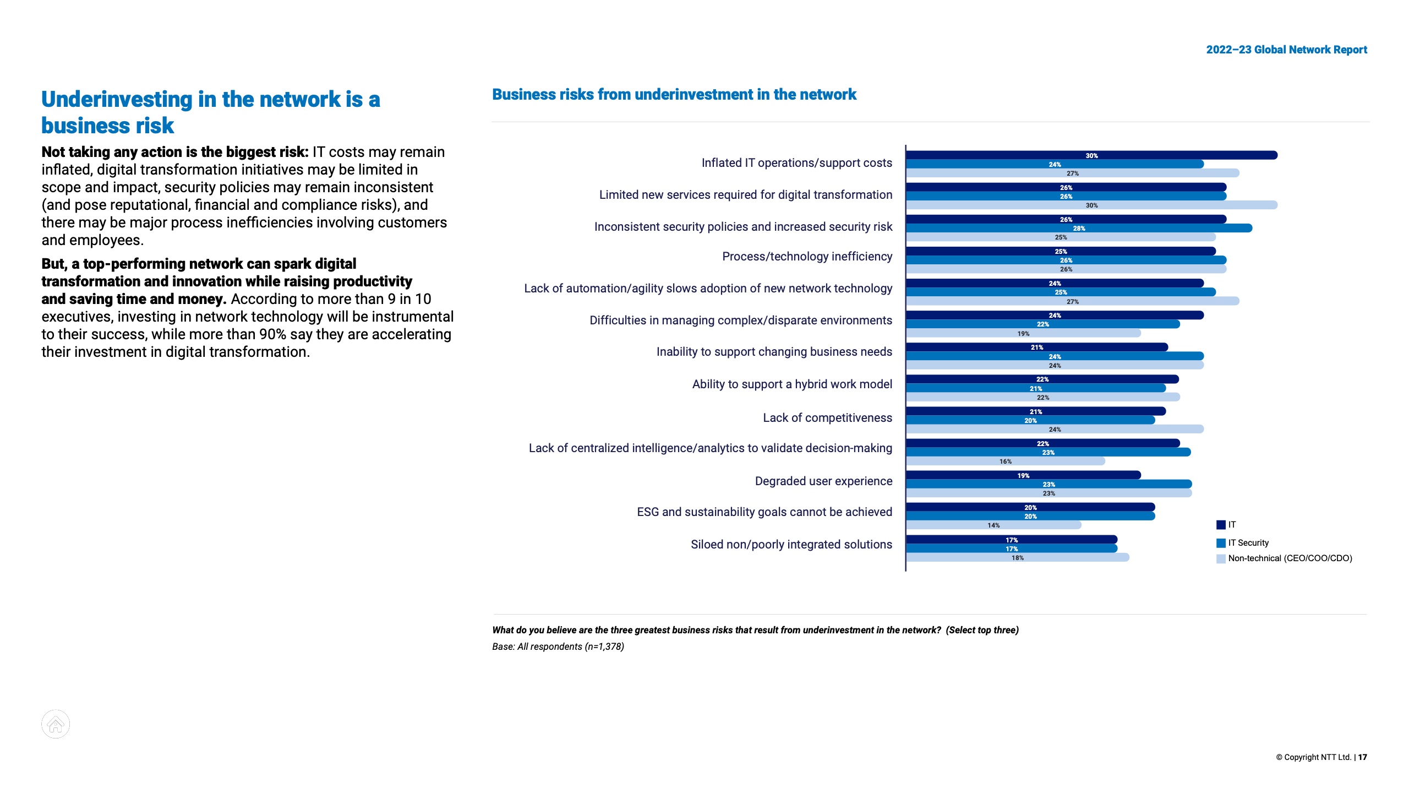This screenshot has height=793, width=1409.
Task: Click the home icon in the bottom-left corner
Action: (56, 724)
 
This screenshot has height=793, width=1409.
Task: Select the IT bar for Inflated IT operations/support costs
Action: (1091, 155)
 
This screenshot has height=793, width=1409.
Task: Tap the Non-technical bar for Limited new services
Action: (1091, 205)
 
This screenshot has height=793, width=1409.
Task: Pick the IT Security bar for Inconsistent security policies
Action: (1079, 228)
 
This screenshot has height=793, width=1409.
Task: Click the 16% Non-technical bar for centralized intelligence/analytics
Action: (1005, 461)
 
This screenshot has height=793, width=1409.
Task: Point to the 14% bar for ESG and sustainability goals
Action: (993, 525)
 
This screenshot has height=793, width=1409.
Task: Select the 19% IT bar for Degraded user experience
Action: (1023, 475)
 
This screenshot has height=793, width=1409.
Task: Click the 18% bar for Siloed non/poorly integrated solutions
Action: (1017, 557)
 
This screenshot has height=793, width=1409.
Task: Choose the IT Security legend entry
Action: (1248, 543)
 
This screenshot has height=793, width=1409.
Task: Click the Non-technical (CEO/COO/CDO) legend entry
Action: (1289, 558)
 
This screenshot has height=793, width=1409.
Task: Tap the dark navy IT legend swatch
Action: (1221, 525)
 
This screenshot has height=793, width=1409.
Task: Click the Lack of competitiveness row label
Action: (827, 418)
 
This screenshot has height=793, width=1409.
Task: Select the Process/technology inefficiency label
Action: (807, 257)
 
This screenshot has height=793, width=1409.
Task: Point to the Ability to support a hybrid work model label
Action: (792, 384)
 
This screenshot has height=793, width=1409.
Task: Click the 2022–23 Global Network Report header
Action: (1286, 50)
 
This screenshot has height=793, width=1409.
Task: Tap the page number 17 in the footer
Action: (1362, 757)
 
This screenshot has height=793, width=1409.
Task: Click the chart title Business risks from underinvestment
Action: (674, 95)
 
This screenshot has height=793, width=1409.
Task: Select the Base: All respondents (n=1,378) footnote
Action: (558, 647)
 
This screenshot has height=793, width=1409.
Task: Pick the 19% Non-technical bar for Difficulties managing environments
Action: (1023, 333)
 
